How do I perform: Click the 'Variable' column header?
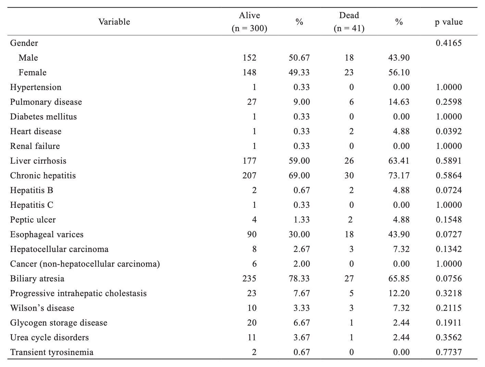[114, 22]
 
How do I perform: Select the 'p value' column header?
[449, 22]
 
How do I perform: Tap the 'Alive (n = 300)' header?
[249, 22]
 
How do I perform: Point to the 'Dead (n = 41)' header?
[349, 22]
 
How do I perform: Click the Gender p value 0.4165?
[449, 43]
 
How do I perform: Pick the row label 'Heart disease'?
[36, 131]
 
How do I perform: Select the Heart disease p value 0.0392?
[449, 131]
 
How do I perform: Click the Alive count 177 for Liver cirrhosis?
[249, 161]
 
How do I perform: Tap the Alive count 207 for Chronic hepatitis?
[249, 176]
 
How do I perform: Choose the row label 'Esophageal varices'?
[47, 235]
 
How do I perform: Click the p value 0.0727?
[449, 234]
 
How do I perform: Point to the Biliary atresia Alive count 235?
[249, 278]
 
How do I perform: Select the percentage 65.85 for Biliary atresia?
[399, 278]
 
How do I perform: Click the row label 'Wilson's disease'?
[42, 308]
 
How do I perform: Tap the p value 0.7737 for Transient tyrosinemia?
[449, 352]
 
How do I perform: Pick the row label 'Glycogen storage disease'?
[59, 323]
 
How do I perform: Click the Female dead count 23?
[349, 73]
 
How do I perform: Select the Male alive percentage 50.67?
[299, 58]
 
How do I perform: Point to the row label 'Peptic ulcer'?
[33, 220]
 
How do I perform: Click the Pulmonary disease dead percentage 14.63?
[399, 102]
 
